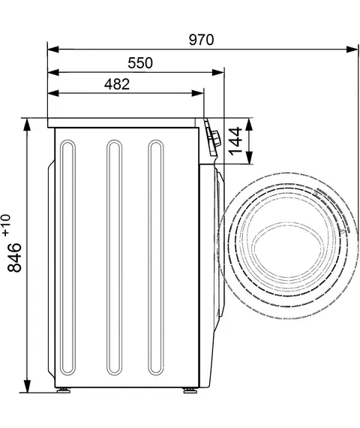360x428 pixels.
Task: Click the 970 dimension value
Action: coord(201,40)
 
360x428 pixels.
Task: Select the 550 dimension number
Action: coord(140,63)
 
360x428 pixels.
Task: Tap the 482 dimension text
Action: coord(117,84)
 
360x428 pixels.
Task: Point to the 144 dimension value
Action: coord(235,141)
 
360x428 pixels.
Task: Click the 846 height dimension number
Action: coord(14,258)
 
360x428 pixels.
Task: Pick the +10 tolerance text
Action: coord(6,225)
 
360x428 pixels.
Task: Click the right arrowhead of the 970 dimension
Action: coord(352,50)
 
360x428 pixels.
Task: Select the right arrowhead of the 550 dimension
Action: coord(218,72)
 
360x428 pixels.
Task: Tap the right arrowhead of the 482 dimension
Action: coord(197,93)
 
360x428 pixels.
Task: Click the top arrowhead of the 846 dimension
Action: coord(27,125)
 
